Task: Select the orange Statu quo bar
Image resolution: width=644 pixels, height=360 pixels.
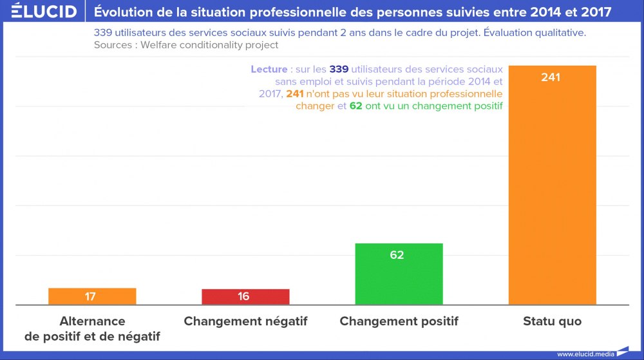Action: tap(552, 193)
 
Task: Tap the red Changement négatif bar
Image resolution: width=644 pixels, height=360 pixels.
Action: tap(245, 297)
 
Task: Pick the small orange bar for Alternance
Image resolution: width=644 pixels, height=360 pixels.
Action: tap(92, 296)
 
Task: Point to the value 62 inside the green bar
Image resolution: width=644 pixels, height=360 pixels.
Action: tap(397, 255)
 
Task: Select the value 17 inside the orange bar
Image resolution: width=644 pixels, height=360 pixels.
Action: tap(90, 297)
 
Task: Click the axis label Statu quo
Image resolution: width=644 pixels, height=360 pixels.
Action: tap(552, 321)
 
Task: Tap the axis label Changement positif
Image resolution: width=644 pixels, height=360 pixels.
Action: tap(399, 321)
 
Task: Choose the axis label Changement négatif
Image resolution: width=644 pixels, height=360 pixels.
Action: tap(245, 321)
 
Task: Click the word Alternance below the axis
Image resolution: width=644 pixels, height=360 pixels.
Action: tap(92, 321)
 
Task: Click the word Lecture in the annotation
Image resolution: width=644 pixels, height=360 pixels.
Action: tap(269, 70)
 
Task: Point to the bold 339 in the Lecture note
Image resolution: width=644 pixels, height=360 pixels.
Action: tap(339, 70)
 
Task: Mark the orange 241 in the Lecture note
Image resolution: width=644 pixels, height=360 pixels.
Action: tap(295, 94)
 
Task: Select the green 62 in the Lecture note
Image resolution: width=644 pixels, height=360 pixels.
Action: tap(355, 106)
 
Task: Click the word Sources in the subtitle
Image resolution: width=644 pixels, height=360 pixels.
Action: tap(113, 45)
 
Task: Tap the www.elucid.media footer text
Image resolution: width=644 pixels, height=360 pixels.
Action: tap(585, 354)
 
